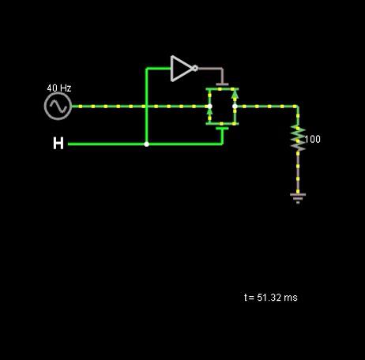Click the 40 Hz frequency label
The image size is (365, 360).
coord(59,88)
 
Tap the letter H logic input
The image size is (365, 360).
coord(58,144)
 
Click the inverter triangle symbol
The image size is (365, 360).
coord(182,69)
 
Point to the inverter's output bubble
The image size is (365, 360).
coord(195,69)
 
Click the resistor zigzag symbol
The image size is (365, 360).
coord(298,139)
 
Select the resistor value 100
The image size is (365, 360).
coord(313,139)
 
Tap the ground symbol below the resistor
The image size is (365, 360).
coord(298,198)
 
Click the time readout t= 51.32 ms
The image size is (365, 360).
coord(271,298)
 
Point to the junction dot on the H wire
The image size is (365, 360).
coord(147,144)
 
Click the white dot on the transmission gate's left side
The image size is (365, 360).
coord(209,107)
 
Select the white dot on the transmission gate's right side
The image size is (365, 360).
coord(235,107)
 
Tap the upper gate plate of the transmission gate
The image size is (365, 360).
coord(222,84)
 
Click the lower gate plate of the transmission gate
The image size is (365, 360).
coord(222,129)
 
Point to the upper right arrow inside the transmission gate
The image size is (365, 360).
coord(235,94)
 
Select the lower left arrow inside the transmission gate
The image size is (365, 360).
coord(209,112)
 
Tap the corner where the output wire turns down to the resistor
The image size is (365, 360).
coord(298,107)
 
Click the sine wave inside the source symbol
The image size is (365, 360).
coord(58,107)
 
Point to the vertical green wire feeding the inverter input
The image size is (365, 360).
coord(146,106)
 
